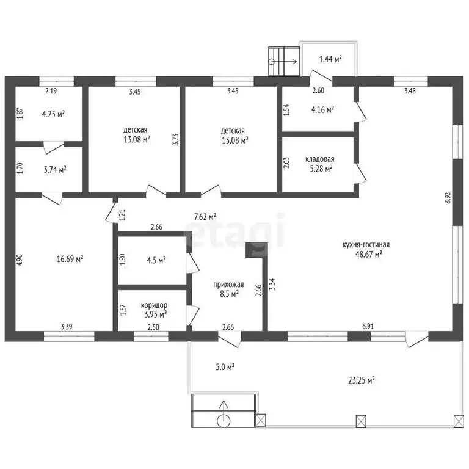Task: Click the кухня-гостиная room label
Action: click(366, 245)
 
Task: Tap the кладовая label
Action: click(320, 159)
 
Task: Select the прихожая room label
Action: click(228, 285)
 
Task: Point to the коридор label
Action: click(154, 305)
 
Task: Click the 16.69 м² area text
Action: click(70, 259)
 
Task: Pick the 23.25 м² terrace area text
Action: click(362, 380)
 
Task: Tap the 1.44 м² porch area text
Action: click(330, 59)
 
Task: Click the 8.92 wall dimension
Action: click(448, 198)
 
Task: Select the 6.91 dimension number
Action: click(368, 326)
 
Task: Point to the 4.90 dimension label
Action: click(20, 260)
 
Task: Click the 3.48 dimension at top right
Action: click(410, 90)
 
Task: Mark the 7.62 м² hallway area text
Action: click(205, 217)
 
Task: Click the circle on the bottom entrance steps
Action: click(224, 421)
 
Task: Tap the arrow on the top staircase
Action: click(284, 62)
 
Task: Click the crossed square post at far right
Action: click(459, 421)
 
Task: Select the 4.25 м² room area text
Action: click(54, 114)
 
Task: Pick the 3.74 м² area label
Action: click(55, 170)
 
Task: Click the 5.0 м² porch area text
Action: click(225, 366)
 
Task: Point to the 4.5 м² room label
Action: click(156, 260)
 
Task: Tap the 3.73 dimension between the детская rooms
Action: click(176, 139)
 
